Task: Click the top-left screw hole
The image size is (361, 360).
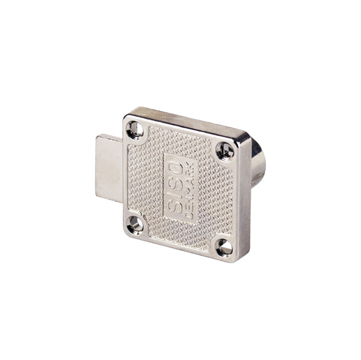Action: click(135, 130)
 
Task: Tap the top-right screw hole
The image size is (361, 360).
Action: click(225, 151)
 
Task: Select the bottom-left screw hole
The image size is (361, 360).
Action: click(135, 225)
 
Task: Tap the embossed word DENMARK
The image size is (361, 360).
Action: click(190, 191)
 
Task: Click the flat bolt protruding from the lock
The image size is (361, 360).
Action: click(109, 168)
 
